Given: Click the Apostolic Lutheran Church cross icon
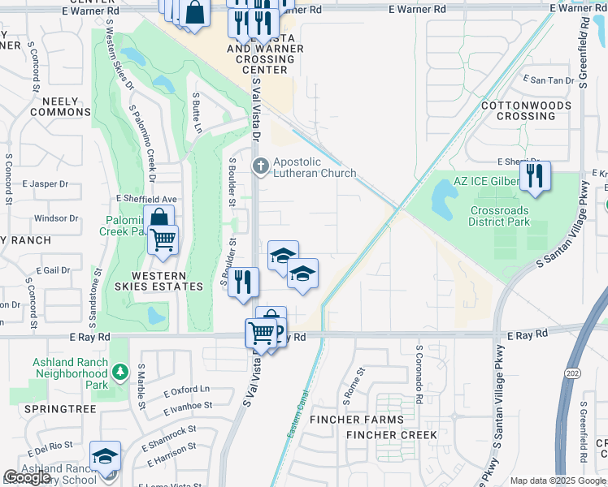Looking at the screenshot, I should click(x=261, y=165).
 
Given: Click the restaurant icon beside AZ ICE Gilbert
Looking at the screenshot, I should click(x=534, y=176).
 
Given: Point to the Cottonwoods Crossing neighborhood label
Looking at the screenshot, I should click(x=529, y=110).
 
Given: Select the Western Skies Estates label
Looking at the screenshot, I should click(x=167, y=281).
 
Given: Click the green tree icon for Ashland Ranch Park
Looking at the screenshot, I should click(x=119, y=372).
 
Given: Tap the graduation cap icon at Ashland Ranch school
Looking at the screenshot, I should click(x=105, y=456).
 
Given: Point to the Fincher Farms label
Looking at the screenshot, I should click(x=356, y=420).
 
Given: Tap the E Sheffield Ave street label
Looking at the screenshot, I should click(x=146, y=198).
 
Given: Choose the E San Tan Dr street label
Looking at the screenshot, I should click(x=551, y=80).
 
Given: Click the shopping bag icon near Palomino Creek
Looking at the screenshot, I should click(x=159, y=218).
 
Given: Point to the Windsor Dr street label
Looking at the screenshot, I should click(x=56, y=218).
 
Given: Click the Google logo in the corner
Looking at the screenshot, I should click(x=27, y=477).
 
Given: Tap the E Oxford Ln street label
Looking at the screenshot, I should click(x=185, y=390).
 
